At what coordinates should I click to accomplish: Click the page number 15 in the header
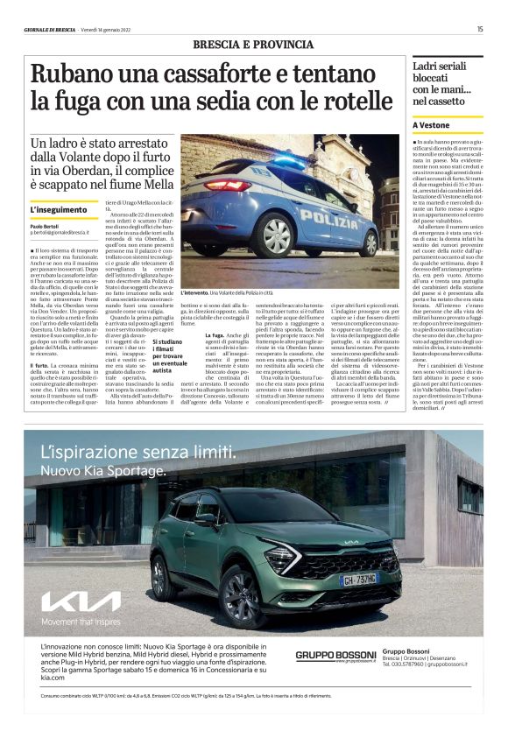click(x=479, y=29)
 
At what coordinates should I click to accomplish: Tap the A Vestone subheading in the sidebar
click(x=431, y=125)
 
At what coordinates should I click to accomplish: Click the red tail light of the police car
click(x=215, y=186)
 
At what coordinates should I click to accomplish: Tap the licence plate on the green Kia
click(x=359, y=578)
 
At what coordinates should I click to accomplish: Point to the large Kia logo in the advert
click(x=81, y=601)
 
